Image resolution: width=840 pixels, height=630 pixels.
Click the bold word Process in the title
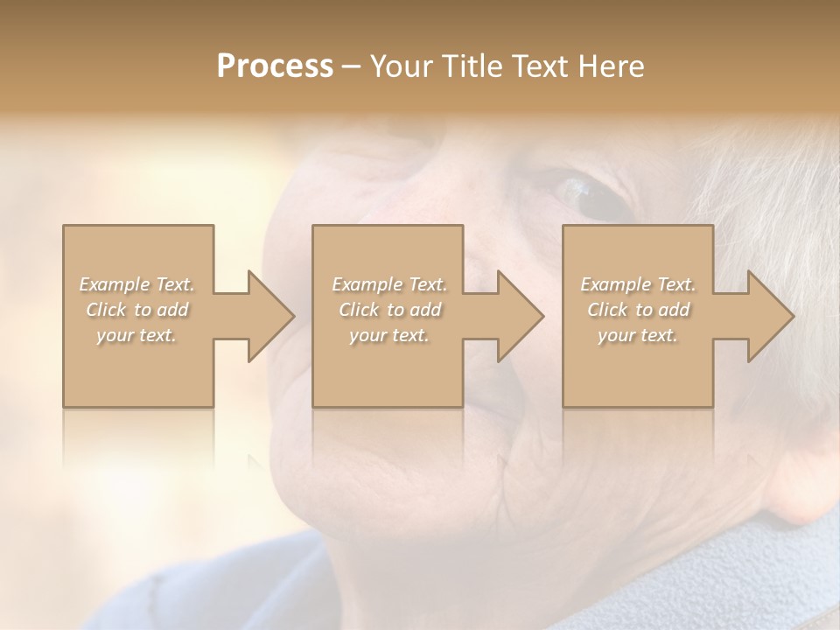[x=275, y=66]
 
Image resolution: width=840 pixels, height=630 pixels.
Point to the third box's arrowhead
[x=769, y=316]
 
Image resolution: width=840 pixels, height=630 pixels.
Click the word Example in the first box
[x=114, y=284]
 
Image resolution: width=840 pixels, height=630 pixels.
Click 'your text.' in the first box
[x=137, y=335]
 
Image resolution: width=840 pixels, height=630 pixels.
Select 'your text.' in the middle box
[x=389, y=335]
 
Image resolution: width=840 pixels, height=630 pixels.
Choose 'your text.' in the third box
[x=638, y=335]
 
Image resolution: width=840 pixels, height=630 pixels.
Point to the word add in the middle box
[x=424, y=310]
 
